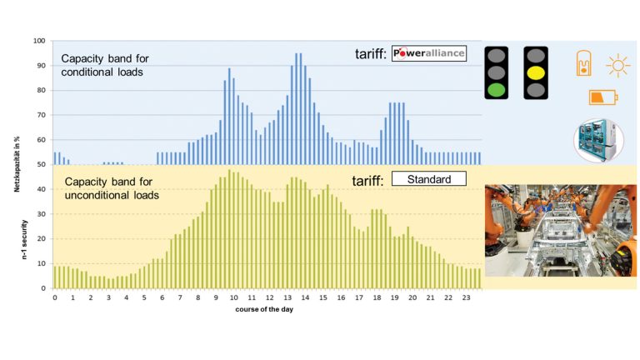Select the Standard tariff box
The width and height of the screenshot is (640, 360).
click(x=428, y=178)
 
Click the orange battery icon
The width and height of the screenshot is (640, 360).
click(x=602, y=97)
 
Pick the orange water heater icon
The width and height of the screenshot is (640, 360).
click(x=586, y=63)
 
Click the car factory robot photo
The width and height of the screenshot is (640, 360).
click(x=560, y=230)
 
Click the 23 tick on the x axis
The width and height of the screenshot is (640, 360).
click(x=467, y=297)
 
